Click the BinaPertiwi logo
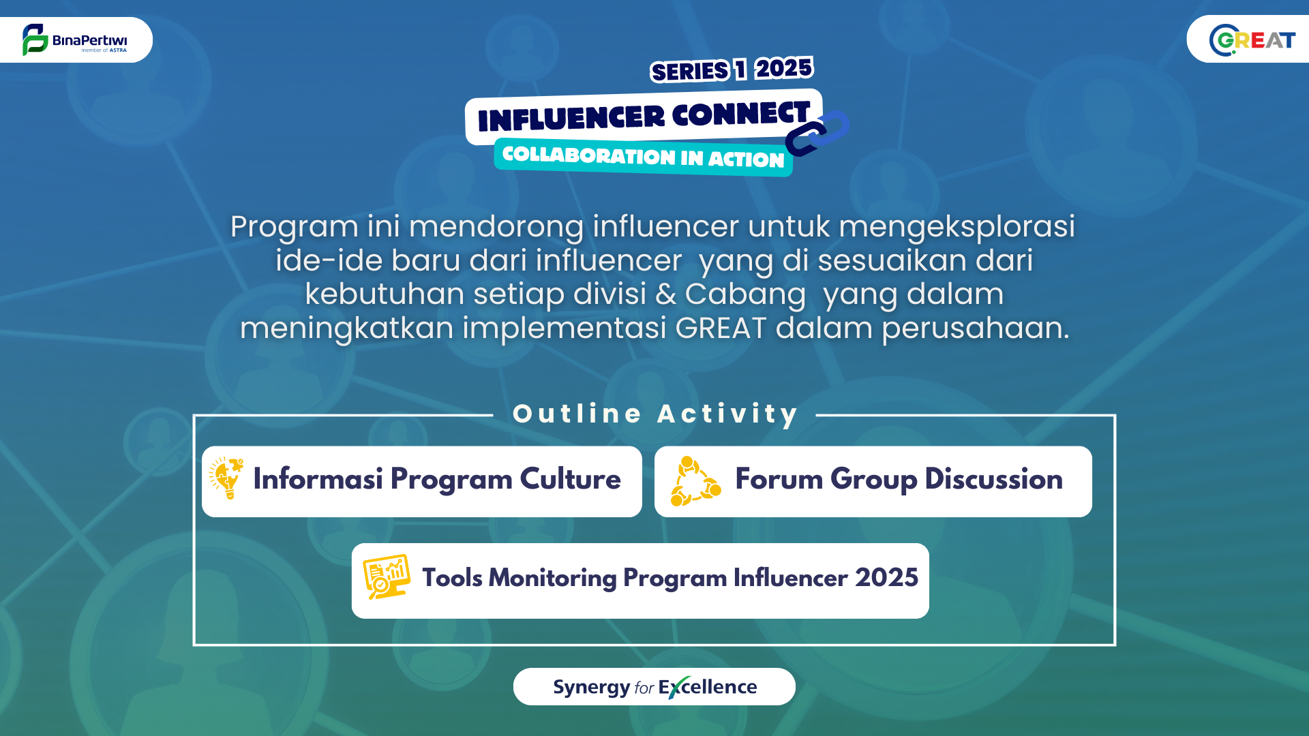74,40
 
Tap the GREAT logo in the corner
1252,40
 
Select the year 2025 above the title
784,68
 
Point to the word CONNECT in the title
741,113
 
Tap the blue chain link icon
817,133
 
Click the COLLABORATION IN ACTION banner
643,157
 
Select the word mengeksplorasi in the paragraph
957,227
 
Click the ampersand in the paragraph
665,294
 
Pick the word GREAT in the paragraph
721,328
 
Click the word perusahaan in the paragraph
975,328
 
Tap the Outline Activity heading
656,414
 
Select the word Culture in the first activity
570,478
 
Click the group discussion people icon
695,481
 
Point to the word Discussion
993,478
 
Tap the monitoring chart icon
386,577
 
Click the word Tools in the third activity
452,577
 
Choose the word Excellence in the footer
708,687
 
